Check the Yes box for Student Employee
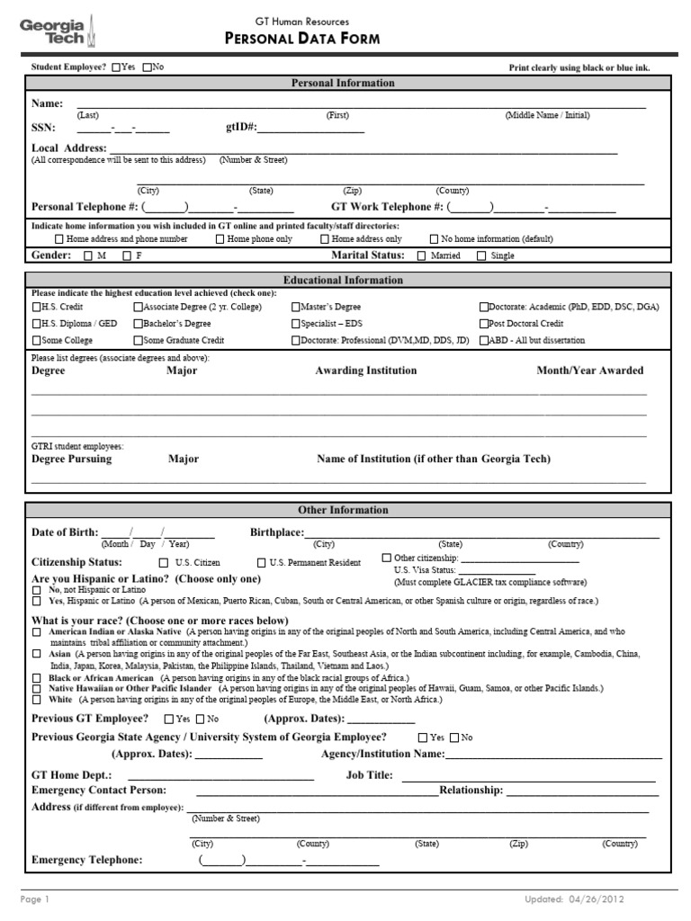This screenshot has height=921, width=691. (x=116, y=67)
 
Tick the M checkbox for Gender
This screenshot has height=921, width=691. (x=87, y=256)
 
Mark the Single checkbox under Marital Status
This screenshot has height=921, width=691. (x=481, y=256)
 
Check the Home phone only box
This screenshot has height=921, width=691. (x=220, y=240)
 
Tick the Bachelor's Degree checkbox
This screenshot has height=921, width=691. (x=138, y=324)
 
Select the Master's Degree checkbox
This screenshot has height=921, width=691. (x=295, y=307)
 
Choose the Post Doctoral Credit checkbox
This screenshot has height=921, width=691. (x=484, y=324)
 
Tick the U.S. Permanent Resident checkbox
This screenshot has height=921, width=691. (x=261, y=563)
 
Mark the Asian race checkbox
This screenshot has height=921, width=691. (x=36, y=655)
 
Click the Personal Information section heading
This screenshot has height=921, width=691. (x=343, y=83)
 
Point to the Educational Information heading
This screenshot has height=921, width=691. (x=343, y=281)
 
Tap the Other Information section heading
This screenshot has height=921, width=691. (x=343, y=511)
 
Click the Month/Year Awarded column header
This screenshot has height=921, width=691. (x=590, y=371)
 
